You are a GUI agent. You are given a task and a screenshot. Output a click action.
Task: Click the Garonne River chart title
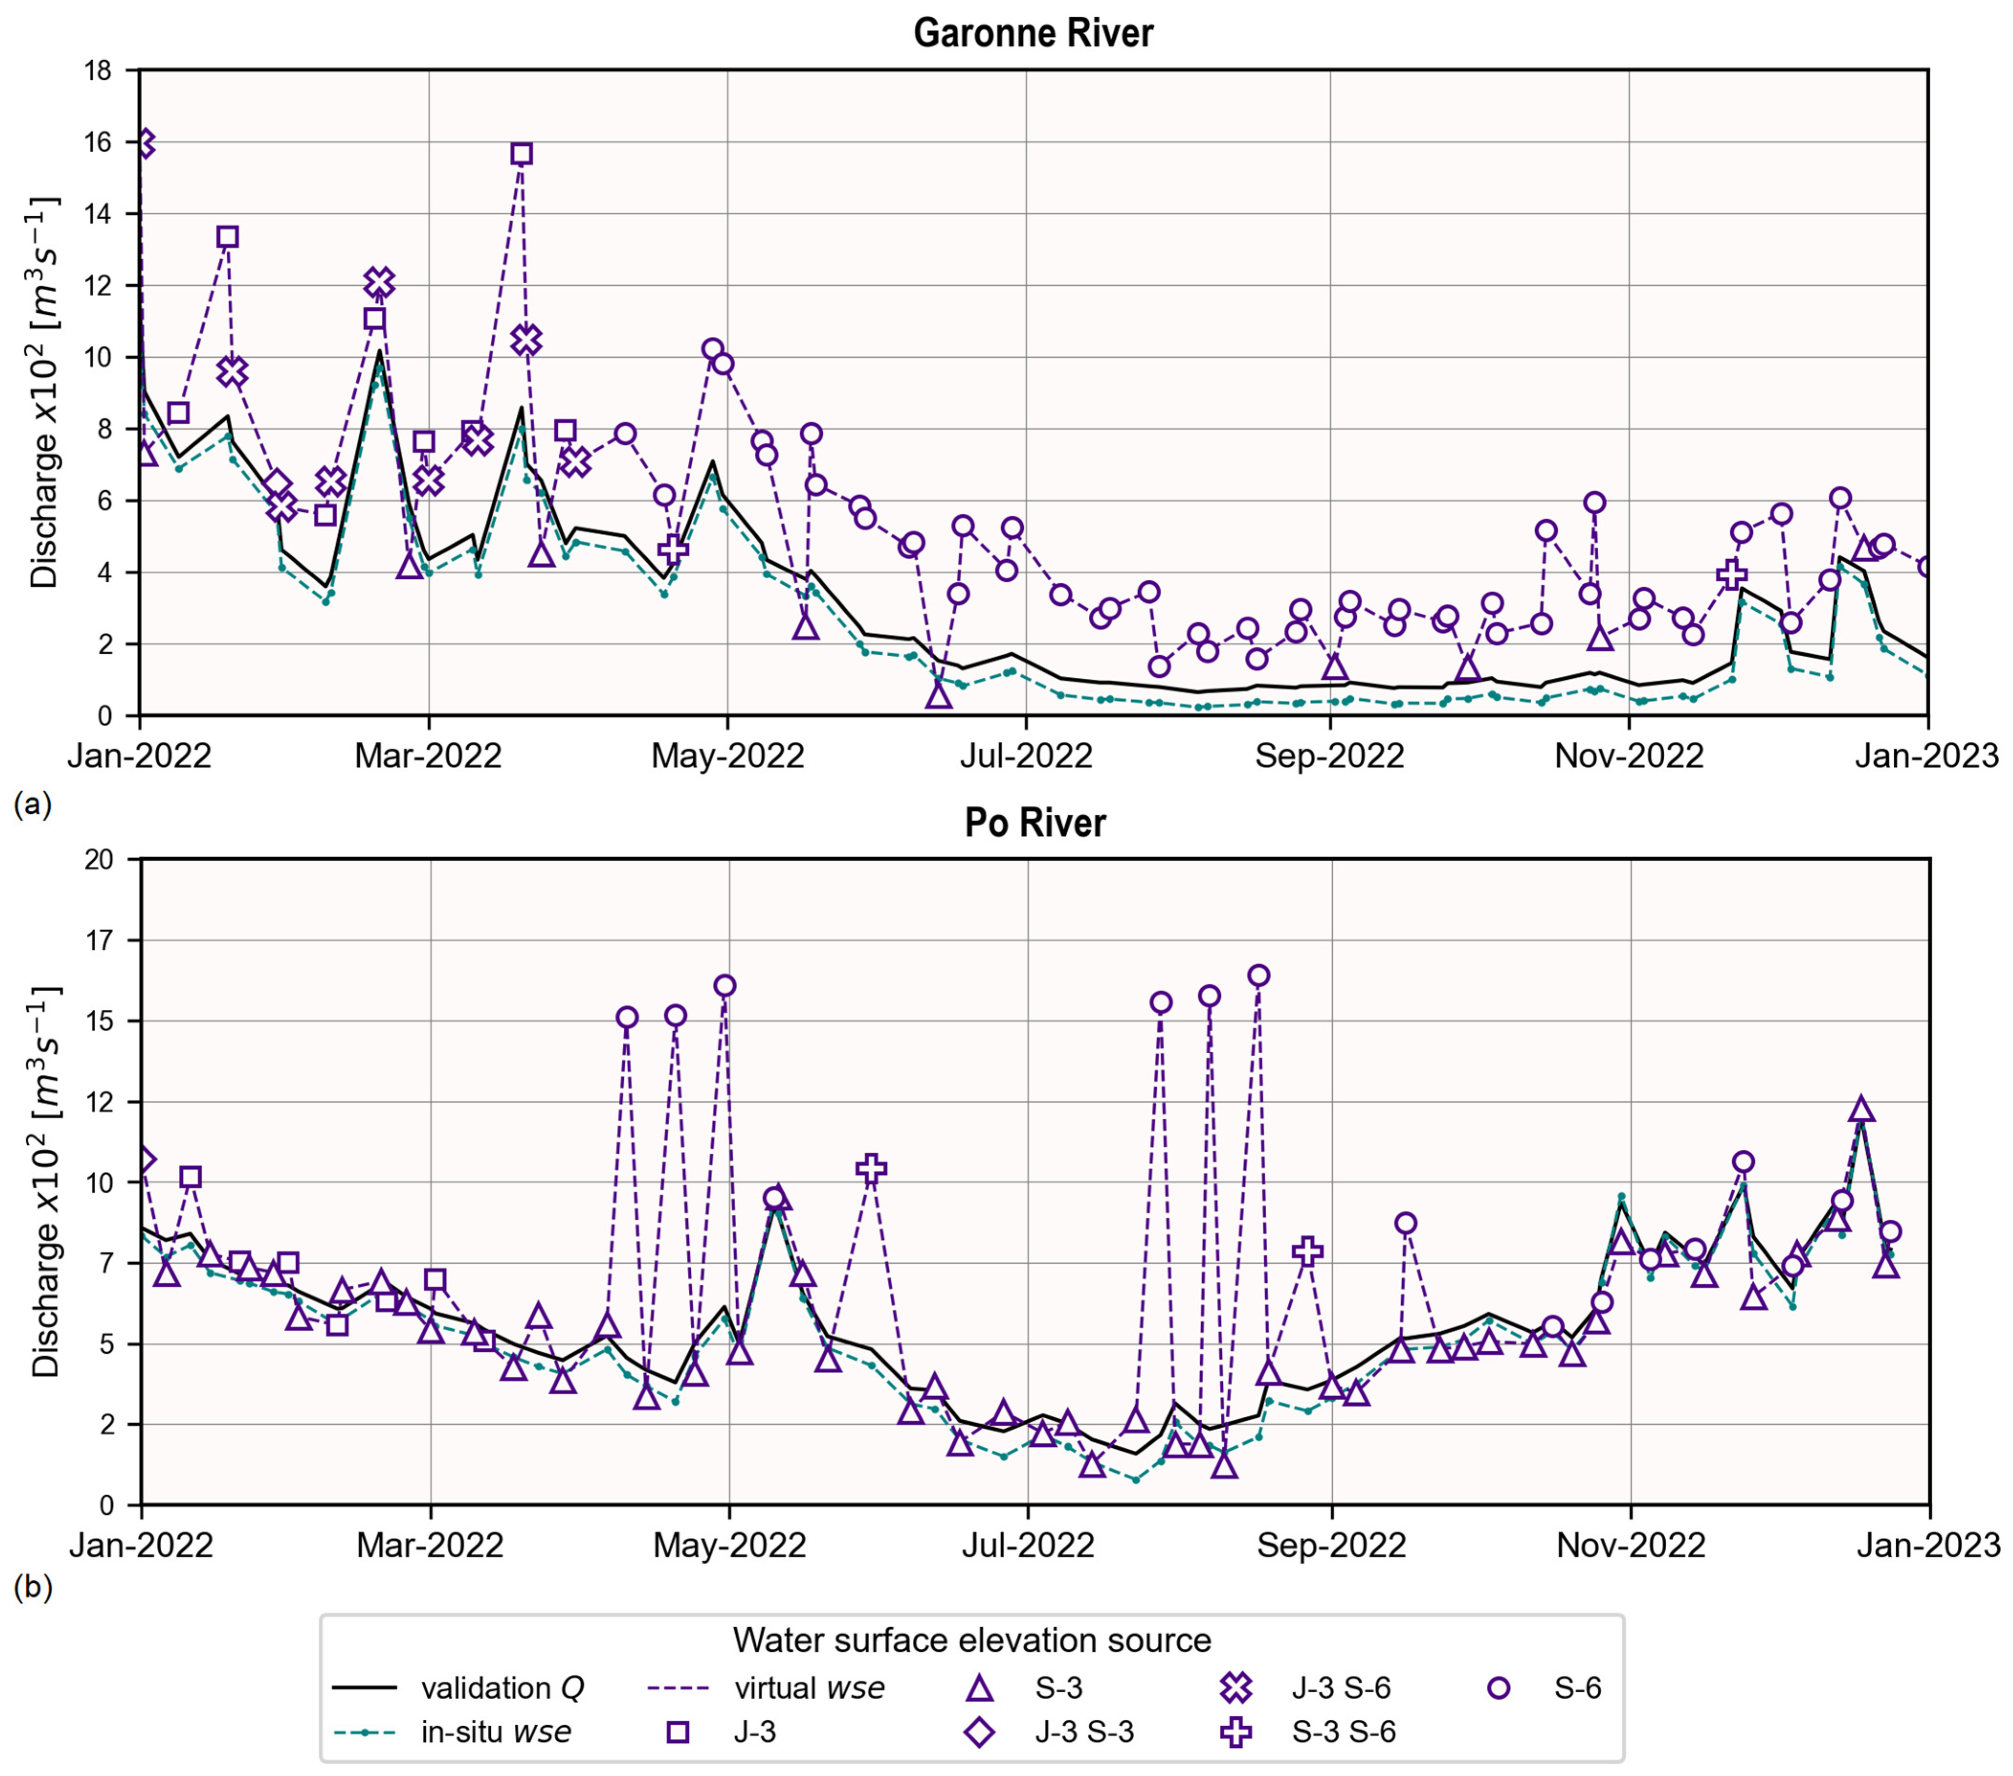click(1033, 33)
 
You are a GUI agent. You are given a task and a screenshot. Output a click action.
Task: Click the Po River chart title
click(1035, 823)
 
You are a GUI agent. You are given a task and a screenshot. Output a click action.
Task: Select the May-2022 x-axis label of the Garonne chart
click(728, 756)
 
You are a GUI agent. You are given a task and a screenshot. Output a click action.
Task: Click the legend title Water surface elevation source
click(971, 1640)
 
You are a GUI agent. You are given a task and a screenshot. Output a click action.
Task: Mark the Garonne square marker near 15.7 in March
click(522, 154)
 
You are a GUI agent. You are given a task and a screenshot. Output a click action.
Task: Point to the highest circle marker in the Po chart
click(1259, 976)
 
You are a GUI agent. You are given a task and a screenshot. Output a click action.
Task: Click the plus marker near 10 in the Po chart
click(871, 1169)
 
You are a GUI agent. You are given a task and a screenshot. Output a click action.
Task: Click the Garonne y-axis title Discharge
click(44, 394)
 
